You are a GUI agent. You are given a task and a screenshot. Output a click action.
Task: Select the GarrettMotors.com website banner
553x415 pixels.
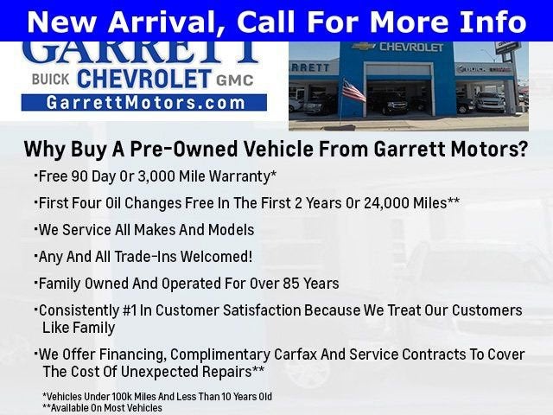tap(143, 102)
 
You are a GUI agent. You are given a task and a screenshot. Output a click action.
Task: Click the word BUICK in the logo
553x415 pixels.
tap(48, 80)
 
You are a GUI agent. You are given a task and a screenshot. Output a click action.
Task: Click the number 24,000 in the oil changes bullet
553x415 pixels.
tap(385, 203)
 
